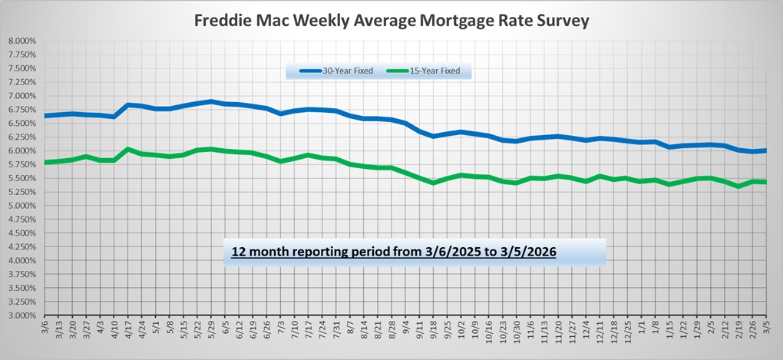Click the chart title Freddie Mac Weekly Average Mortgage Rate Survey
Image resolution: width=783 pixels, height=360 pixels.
click(x=391, y=21)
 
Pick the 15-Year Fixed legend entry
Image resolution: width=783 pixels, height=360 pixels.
click(x=434, y=71)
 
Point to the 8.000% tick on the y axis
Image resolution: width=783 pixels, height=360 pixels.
click(x=21, y=41)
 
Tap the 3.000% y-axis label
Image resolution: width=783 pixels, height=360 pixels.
click(x=21, y=315)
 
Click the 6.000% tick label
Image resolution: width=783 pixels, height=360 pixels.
click(x=21, y=150)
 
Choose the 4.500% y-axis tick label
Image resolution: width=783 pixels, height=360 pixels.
click(x=21, y=233)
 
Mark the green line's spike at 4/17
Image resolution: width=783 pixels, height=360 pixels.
click(x=128, y=149)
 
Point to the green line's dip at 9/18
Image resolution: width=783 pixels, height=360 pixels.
click(x=434, y=183)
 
